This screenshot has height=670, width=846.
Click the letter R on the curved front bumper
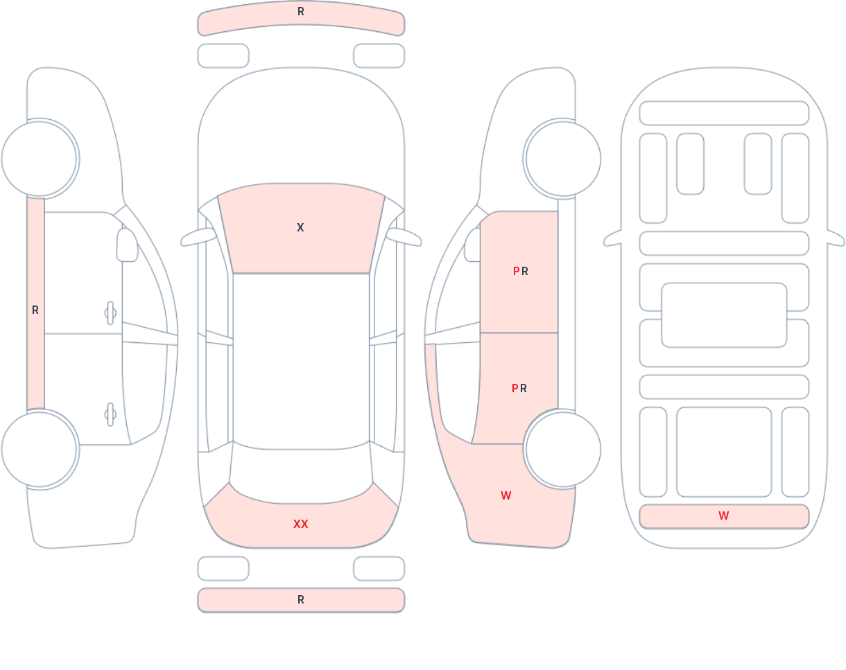pos(301,12)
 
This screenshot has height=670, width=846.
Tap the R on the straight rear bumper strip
pos(301,600)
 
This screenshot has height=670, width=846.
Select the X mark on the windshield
pos(300,227)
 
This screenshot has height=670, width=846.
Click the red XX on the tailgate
pos(301,524)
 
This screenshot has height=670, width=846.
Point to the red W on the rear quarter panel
pos(506,495)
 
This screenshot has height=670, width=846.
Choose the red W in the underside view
pos(724,515)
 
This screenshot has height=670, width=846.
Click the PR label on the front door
pos(521,271)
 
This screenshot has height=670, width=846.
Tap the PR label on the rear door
pos(519,389)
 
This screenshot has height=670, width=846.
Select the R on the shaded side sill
pos(35,310)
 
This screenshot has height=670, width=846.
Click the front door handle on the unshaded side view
pos(110,313)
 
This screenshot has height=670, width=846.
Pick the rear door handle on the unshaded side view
pos(110,414)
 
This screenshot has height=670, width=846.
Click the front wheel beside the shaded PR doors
pos(563,159)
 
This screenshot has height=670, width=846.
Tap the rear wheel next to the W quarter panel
pos(563,449)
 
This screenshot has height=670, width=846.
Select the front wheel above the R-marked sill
pos(40,159)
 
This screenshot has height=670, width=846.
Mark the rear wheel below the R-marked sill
pos(40,449)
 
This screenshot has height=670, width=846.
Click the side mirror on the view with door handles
pos(127,245)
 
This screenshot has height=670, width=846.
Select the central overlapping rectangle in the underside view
pos(724,315)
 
